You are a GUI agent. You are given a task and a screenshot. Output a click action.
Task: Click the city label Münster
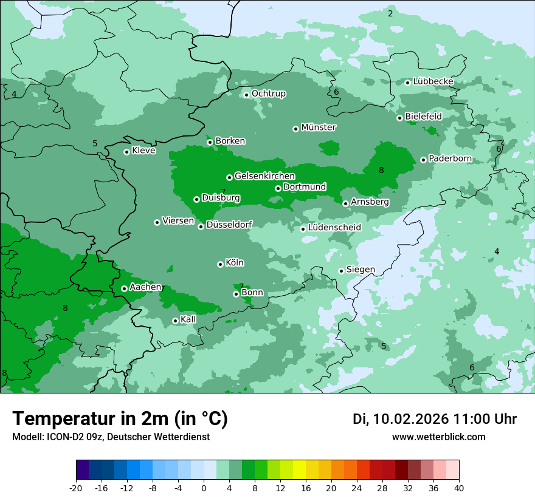click(319, 128)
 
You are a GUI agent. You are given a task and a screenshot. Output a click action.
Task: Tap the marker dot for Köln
click(220, 264)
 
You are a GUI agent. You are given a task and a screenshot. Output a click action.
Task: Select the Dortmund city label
click(305, 187)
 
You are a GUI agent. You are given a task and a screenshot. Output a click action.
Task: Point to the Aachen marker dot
click(124, 288)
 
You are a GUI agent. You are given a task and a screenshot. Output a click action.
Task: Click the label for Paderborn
click(450, 158)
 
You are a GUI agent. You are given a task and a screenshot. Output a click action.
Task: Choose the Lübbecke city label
click(433, 81)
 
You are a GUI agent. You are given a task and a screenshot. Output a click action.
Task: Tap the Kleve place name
click(143, 151)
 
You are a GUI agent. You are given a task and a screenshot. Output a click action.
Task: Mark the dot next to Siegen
click(341, 271)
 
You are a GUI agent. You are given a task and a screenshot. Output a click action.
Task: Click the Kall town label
click(188, 319)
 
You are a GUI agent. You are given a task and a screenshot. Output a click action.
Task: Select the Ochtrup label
click(269, 94)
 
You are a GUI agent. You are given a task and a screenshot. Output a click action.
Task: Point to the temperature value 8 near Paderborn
click(382, 171)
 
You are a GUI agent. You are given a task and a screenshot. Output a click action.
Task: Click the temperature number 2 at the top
click(390, 13)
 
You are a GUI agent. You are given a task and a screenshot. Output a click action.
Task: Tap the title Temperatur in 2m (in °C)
click(120, 419)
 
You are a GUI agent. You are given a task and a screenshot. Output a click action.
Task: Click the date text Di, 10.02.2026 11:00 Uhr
click(435, 419)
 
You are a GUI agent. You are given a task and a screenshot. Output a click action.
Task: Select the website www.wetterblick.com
click(439, 437)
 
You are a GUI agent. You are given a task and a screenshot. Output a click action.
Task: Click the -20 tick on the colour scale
click(76, 488)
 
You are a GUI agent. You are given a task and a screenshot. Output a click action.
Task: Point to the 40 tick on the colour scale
click(458, 488)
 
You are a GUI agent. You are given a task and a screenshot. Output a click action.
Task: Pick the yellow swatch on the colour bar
click(299, 470)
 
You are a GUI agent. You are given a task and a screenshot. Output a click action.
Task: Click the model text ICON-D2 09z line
click(111, 437)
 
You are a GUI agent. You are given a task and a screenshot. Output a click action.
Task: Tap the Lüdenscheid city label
click(334, 228)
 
